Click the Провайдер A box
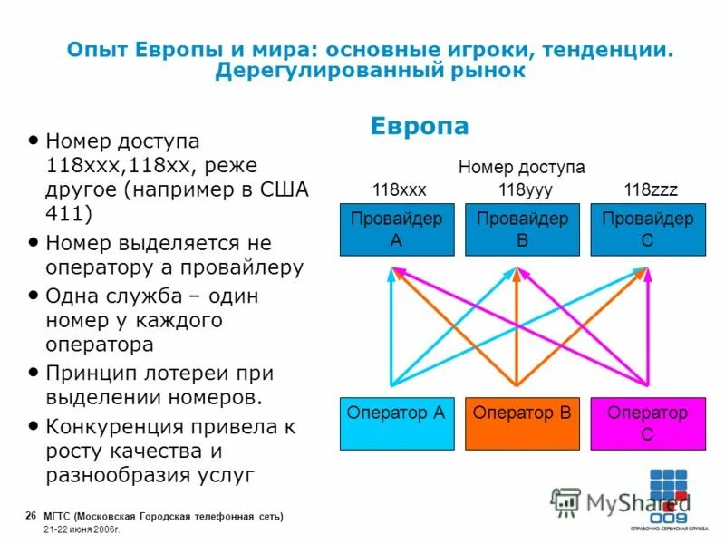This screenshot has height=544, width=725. click(x=395, y=230)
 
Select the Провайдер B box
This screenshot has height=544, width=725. click(x=521, y=230)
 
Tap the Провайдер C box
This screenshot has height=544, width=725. click(x=647, y=230)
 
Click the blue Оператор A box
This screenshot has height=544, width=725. click(x=395, y=423)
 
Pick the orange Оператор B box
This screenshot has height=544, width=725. click(x=521, y=423)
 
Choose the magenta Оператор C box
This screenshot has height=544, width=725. click(x=647, y=423)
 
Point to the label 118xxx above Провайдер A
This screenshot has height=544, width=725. click(x=399, y=189)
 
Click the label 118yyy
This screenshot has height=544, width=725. click(x=526, y=189)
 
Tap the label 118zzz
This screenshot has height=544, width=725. click(x=650, y=189)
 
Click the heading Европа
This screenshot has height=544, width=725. click(x=420, y=126)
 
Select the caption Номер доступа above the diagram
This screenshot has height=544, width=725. click(x=521, y=167)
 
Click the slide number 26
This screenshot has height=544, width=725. click(x=31, y=516)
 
